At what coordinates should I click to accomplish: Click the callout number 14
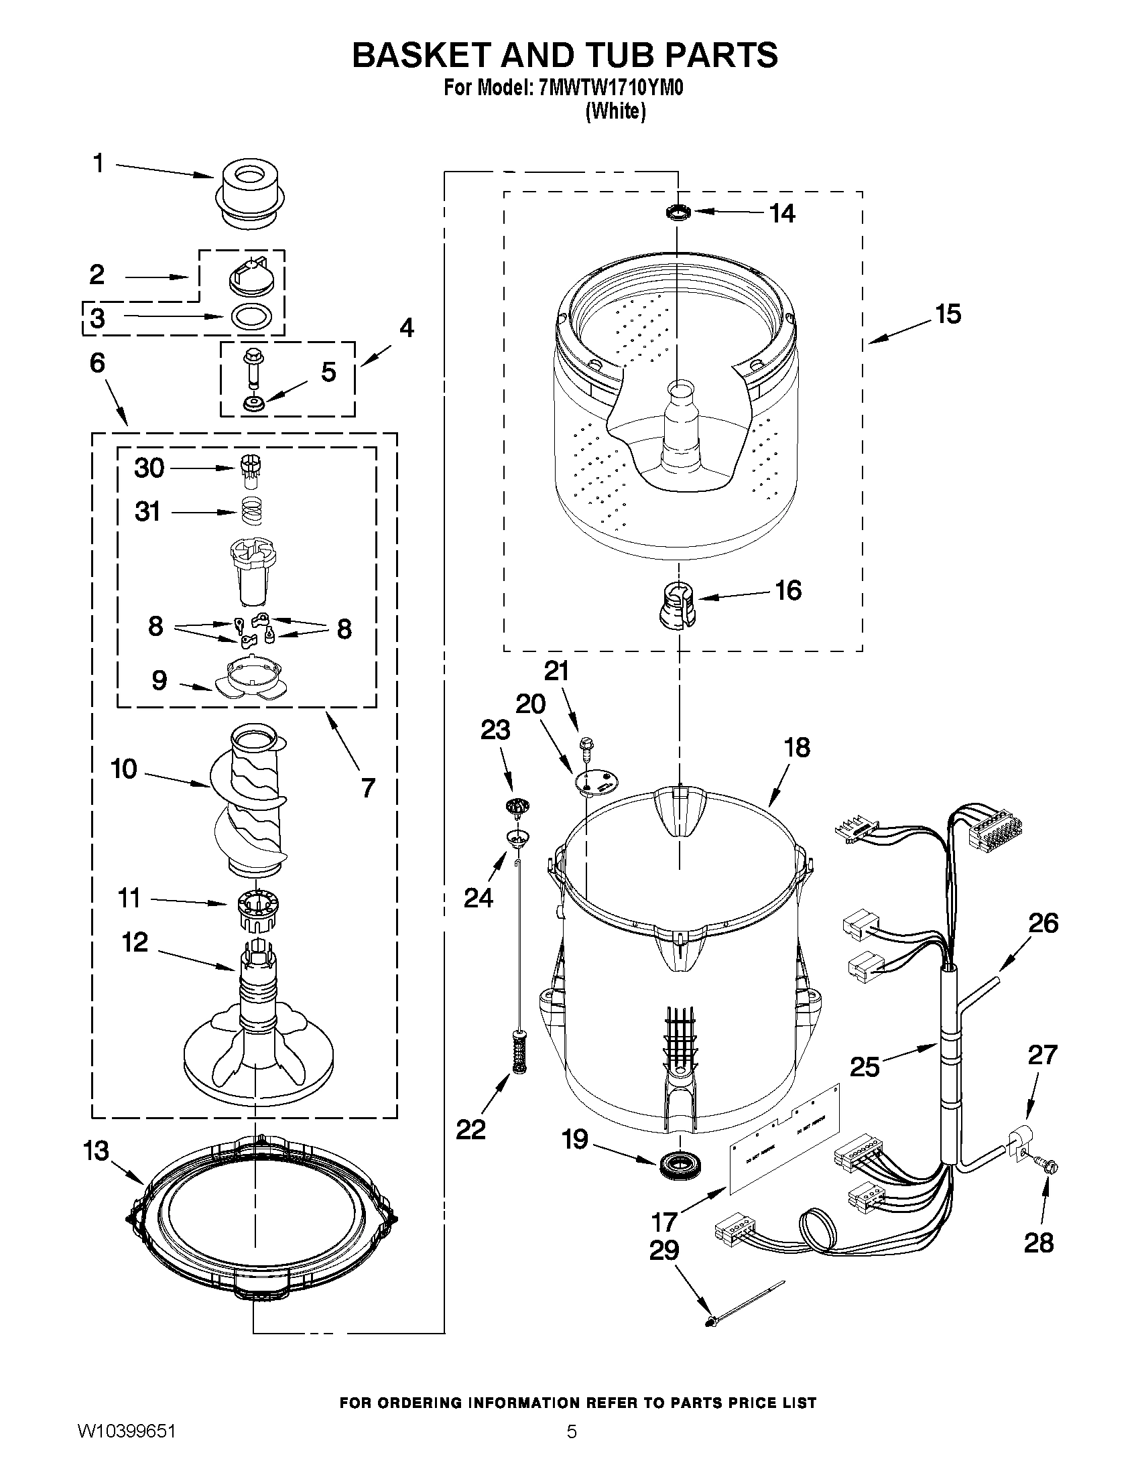(x=782, y=213)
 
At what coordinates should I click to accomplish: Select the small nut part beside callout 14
(x=678, y=213)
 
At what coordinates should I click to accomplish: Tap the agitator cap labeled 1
(x=250, y=189)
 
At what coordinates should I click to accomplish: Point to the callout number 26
(x=1042, y=923)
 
